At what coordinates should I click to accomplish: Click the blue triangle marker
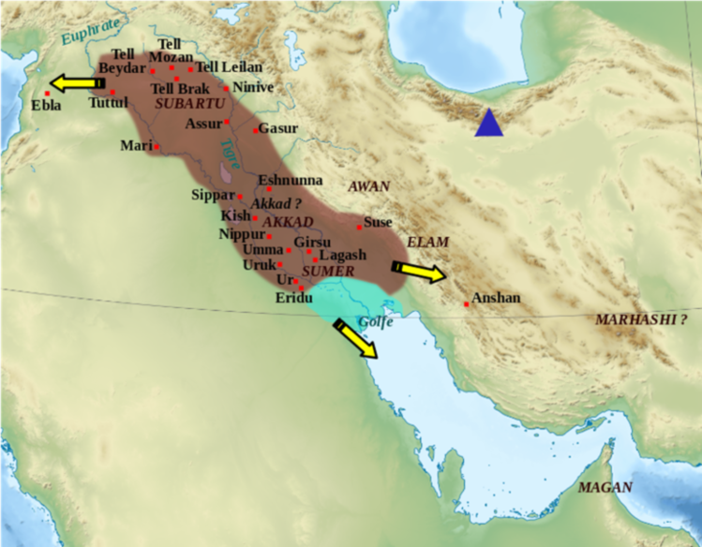pyautogui.click(x=488, y=125)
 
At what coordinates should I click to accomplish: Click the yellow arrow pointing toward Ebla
pyautogui.click(x=76, y=83)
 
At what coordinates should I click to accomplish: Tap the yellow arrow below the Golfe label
pyautogui.click(x=355, y=338)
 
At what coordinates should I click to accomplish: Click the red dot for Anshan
pyautogui.click(x=467, y=303)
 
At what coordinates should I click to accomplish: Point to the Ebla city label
pyautogui.click(x=46, y=106)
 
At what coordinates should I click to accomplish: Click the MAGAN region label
pyautogui.click(x=605, y=487)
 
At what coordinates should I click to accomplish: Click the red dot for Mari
pyautogui.click(x=157, y=147)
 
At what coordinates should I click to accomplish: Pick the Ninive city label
pyautogui.click(x=252, y=87)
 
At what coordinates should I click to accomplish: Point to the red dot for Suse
pyautogui.click(x=359, y=227)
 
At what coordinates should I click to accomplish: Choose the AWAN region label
pyautogui.click(x=368, y=186)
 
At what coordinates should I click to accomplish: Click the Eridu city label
pyautogui.click(x=294, y=298)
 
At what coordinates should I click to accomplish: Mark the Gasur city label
pyautogui.click(x=278, y=128)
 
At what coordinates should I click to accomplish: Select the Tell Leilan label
pyautogui.click(x=230, y=67)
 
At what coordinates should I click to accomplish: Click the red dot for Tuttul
pyautogui.click(x=112, y=92)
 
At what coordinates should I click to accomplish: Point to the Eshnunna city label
pyautogui.click(x=291, y=179)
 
